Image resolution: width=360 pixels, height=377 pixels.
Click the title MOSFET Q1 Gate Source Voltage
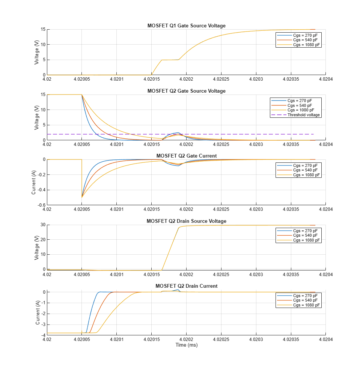[x=187, y=26]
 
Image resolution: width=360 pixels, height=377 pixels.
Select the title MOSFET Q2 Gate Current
[x=187, y=156]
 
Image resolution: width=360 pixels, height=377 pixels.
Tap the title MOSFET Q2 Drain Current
[x=187, y=286]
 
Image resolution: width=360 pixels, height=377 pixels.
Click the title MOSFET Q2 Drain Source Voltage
[x=187, y=221]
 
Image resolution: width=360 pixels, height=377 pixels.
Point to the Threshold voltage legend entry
[x=304, y=115]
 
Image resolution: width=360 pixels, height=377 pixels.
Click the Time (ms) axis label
[x=187, y=345]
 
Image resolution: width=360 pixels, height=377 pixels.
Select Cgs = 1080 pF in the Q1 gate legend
[x=307, y=45]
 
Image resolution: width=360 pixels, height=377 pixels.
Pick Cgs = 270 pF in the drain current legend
[x=305, y=296]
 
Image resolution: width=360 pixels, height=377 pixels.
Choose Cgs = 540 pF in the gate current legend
[x=305, y=170]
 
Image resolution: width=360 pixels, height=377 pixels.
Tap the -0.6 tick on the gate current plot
[x=41, y=205]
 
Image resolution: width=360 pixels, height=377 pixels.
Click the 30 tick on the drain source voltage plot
[x=43, y=225]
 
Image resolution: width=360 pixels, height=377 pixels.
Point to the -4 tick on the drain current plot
[x=43, y=335]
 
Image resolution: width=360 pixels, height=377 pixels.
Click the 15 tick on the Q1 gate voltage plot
[x=43, y=29]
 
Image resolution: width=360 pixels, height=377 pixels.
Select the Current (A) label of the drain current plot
[x=38, y=312]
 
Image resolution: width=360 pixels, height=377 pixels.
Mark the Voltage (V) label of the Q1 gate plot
[x=36, y=52]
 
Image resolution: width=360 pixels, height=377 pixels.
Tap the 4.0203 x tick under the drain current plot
[x=256, y=339]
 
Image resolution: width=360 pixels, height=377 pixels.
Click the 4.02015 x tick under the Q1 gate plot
[x=152, y=79]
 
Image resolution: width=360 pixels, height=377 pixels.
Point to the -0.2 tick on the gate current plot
[x=41, y=174]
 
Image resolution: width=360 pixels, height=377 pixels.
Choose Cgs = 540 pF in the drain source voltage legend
[x=305, y=235]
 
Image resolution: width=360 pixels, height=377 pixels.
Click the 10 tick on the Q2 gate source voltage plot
[x=43, y=110]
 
